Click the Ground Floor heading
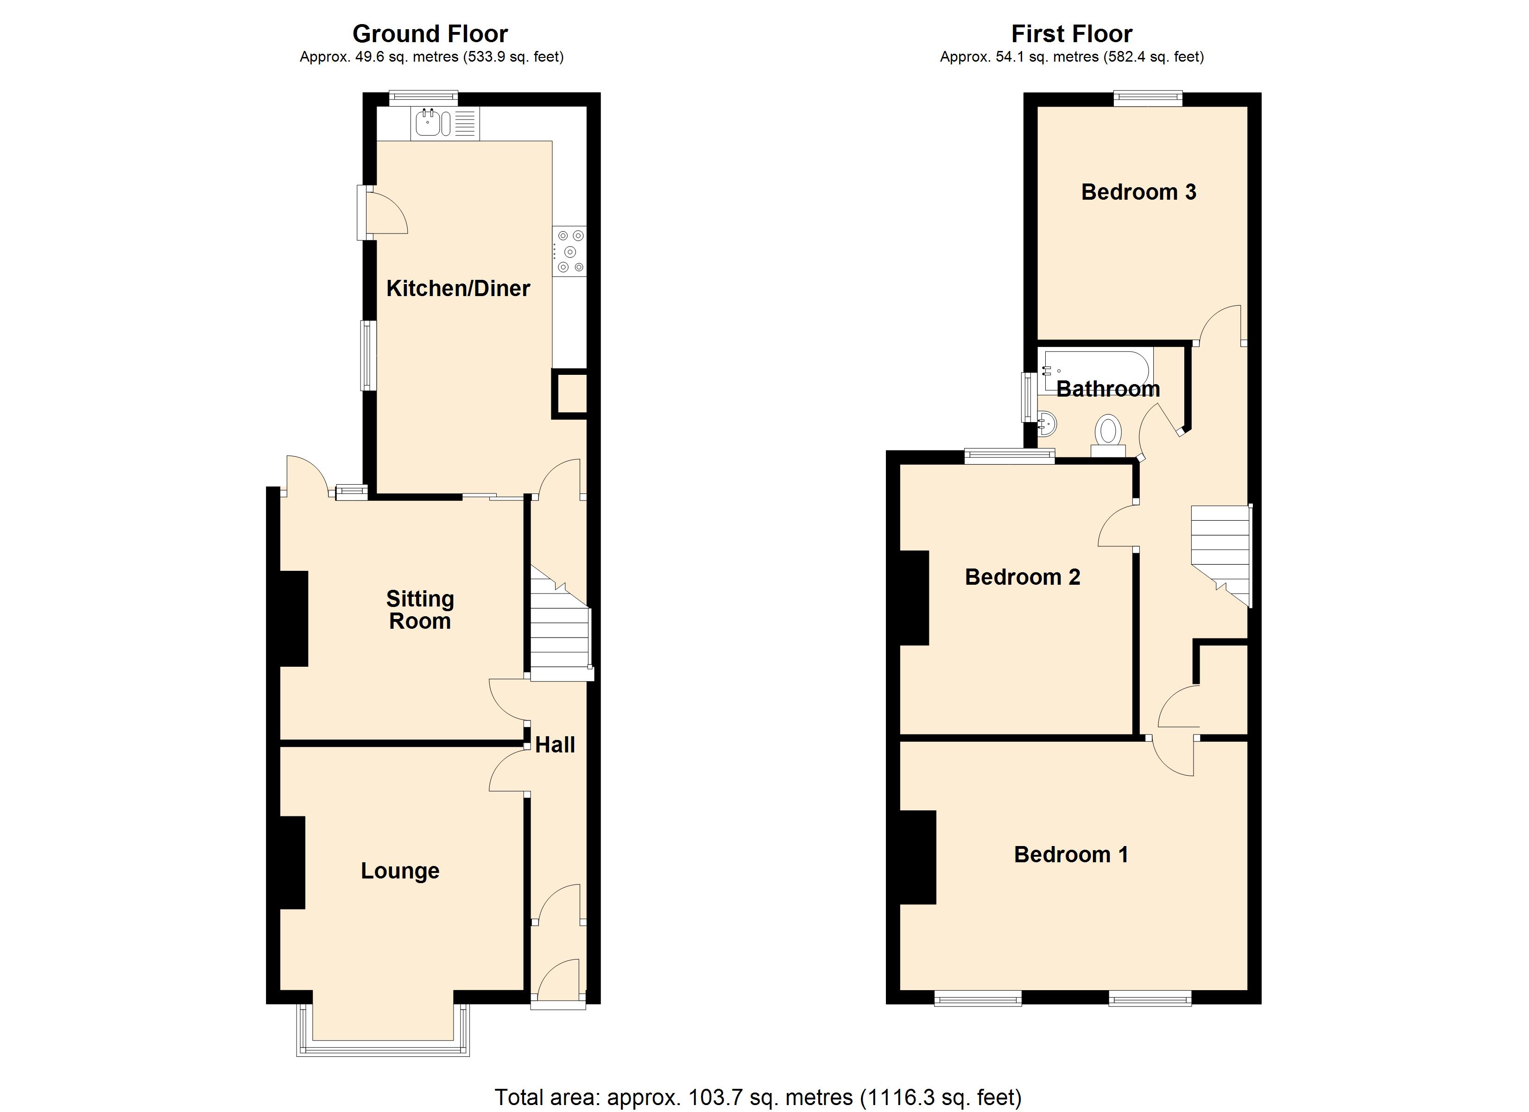[x=430, y=34]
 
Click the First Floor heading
[x=1071, y=34]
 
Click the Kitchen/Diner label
[x=458, y=289]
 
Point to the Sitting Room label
[x=419, y=610]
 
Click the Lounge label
[x=400, y=871]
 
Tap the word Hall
[x=555, y=745]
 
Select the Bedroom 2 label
[x=1022, y=577]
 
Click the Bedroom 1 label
[x=1071, y=854]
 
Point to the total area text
[x=758, y=1097]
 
